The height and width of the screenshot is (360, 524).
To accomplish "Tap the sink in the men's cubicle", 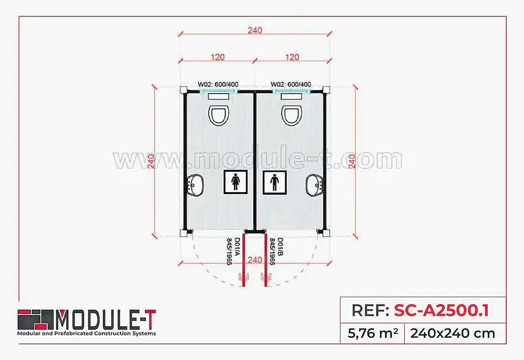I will tap(314, 186).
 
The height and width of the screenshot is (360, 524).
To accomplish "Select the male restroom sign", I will tap(275, 182).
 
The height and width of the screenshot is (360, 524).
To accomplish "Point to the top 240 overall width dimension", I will tap(255, 30).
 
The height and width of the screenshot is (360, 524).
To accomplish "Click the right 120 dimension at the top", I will tap(293, 57).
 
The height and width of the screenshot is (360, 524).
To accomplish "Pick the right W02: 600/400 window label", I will tap(291, 84).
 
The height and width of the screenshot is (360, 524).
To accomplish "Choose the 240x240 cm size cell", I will tap(452, 333).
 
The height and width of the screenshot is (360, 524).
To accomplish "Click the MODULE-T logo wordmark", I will tap(105, 319).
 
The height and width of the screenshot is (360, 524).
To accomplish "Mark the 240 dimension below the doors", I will tap(255, 260).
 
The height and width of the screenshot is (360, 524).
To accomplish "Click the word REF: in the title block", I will tap(370, 310).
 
